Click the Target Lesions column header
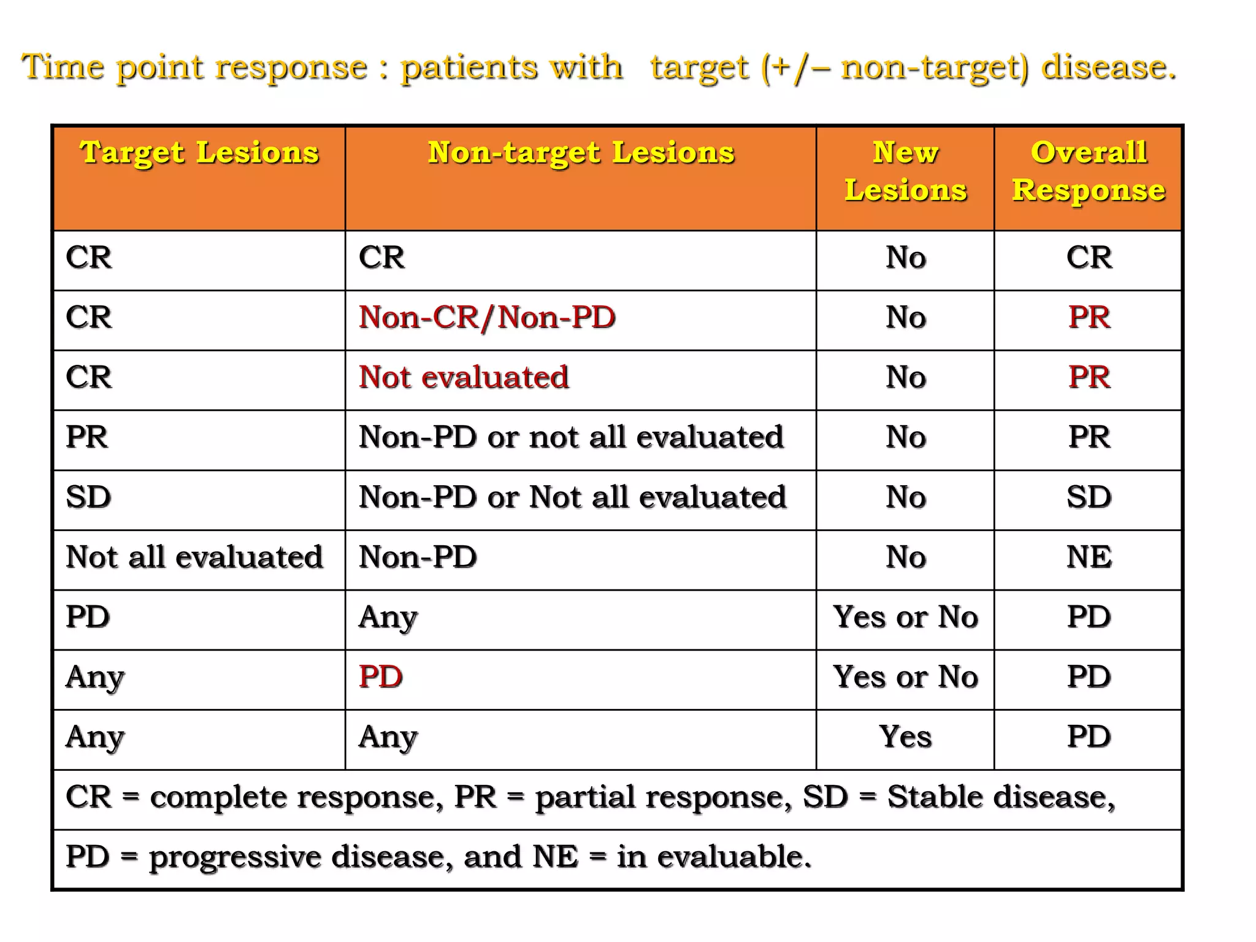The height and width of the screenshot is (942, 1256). [x=199, y=153]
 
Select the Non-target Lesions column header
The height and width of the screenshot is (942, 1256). [x=580, y=153]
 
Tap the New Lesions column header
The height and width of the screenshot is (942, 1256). [x=905, y=171]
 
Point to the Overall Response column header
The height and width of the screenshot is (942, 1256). [x=1089, y=171]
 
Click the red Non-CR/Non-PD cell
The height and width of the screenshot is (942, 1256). [x=487, y=318]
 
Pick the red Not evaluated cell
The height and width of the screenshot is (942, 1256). [x=464, y=377]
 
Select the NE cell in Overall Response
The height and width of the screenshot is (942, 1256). [x=1089, y=557]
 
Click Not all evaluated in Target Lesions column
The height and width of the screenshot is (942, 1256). [x=194, y=557]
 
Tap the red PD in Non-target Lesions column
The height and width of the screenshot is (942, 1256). [x=381, y=677]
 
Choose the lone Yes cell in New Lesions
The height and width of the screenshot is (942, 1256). [x=905, y=737]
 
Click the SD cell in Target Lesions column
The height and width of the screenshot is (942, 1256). [x=88, y=497]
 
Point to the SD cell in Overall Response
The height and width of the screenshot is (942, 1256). [x=1089, y=497]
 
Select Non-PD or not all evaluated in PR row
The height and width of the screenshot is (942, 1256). [x=571, y=437]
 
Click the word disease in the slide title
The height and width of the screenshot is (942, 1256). [x=1108, y=67]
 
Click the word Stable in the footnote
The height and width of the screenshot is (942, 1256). [x=935, y=797]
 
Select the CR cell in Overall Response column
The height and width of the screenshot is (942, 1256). [x=1089, y=258]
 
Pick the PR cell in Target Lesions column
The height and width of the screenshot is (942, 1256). [x=87, y=437]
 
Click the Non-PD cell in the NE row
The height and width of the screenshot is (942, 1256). [x=418, y=557]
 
